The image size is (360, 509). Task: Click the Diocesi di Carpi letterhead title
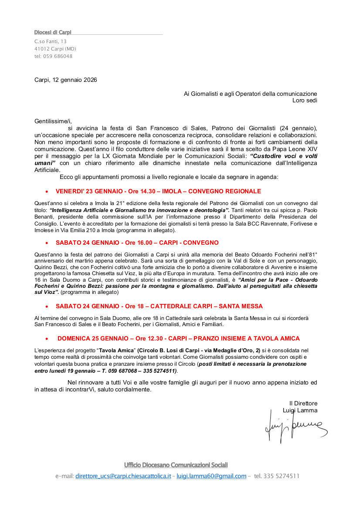(x=53, y=32)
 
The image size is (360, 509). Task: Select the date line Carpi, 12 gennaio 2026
(x=66, y=80)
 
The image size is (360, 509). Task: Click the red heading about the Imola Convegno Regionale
(x=158, y=191)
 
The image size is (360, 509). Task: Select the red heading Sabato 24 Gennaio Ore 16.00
(x=137, y=243)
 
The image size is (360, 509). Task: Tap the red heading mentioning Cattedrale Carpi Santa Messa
(x=159, y=306)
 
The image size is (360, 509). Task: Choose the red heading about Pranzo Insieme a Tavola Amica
(x=179, y=338)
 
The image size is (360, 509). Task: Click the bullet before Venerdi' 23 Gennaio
(x=47, y=192)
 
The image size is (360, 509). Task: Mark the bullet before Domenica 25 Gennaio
(x=47, y=339)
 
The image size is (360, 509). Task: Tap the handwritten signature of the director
(x=295, y=428)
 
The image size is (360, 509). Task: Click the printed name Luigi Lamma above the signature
(x=300, y=410)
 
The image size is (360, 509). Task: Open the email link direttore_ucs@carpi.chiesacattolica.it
(x=123, y=476)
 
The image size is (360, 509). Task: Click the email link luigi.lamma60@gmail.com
(x=211, y=476)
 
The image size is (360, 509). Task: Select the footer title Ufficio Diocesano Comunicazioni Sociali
(x=176, y=465)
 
